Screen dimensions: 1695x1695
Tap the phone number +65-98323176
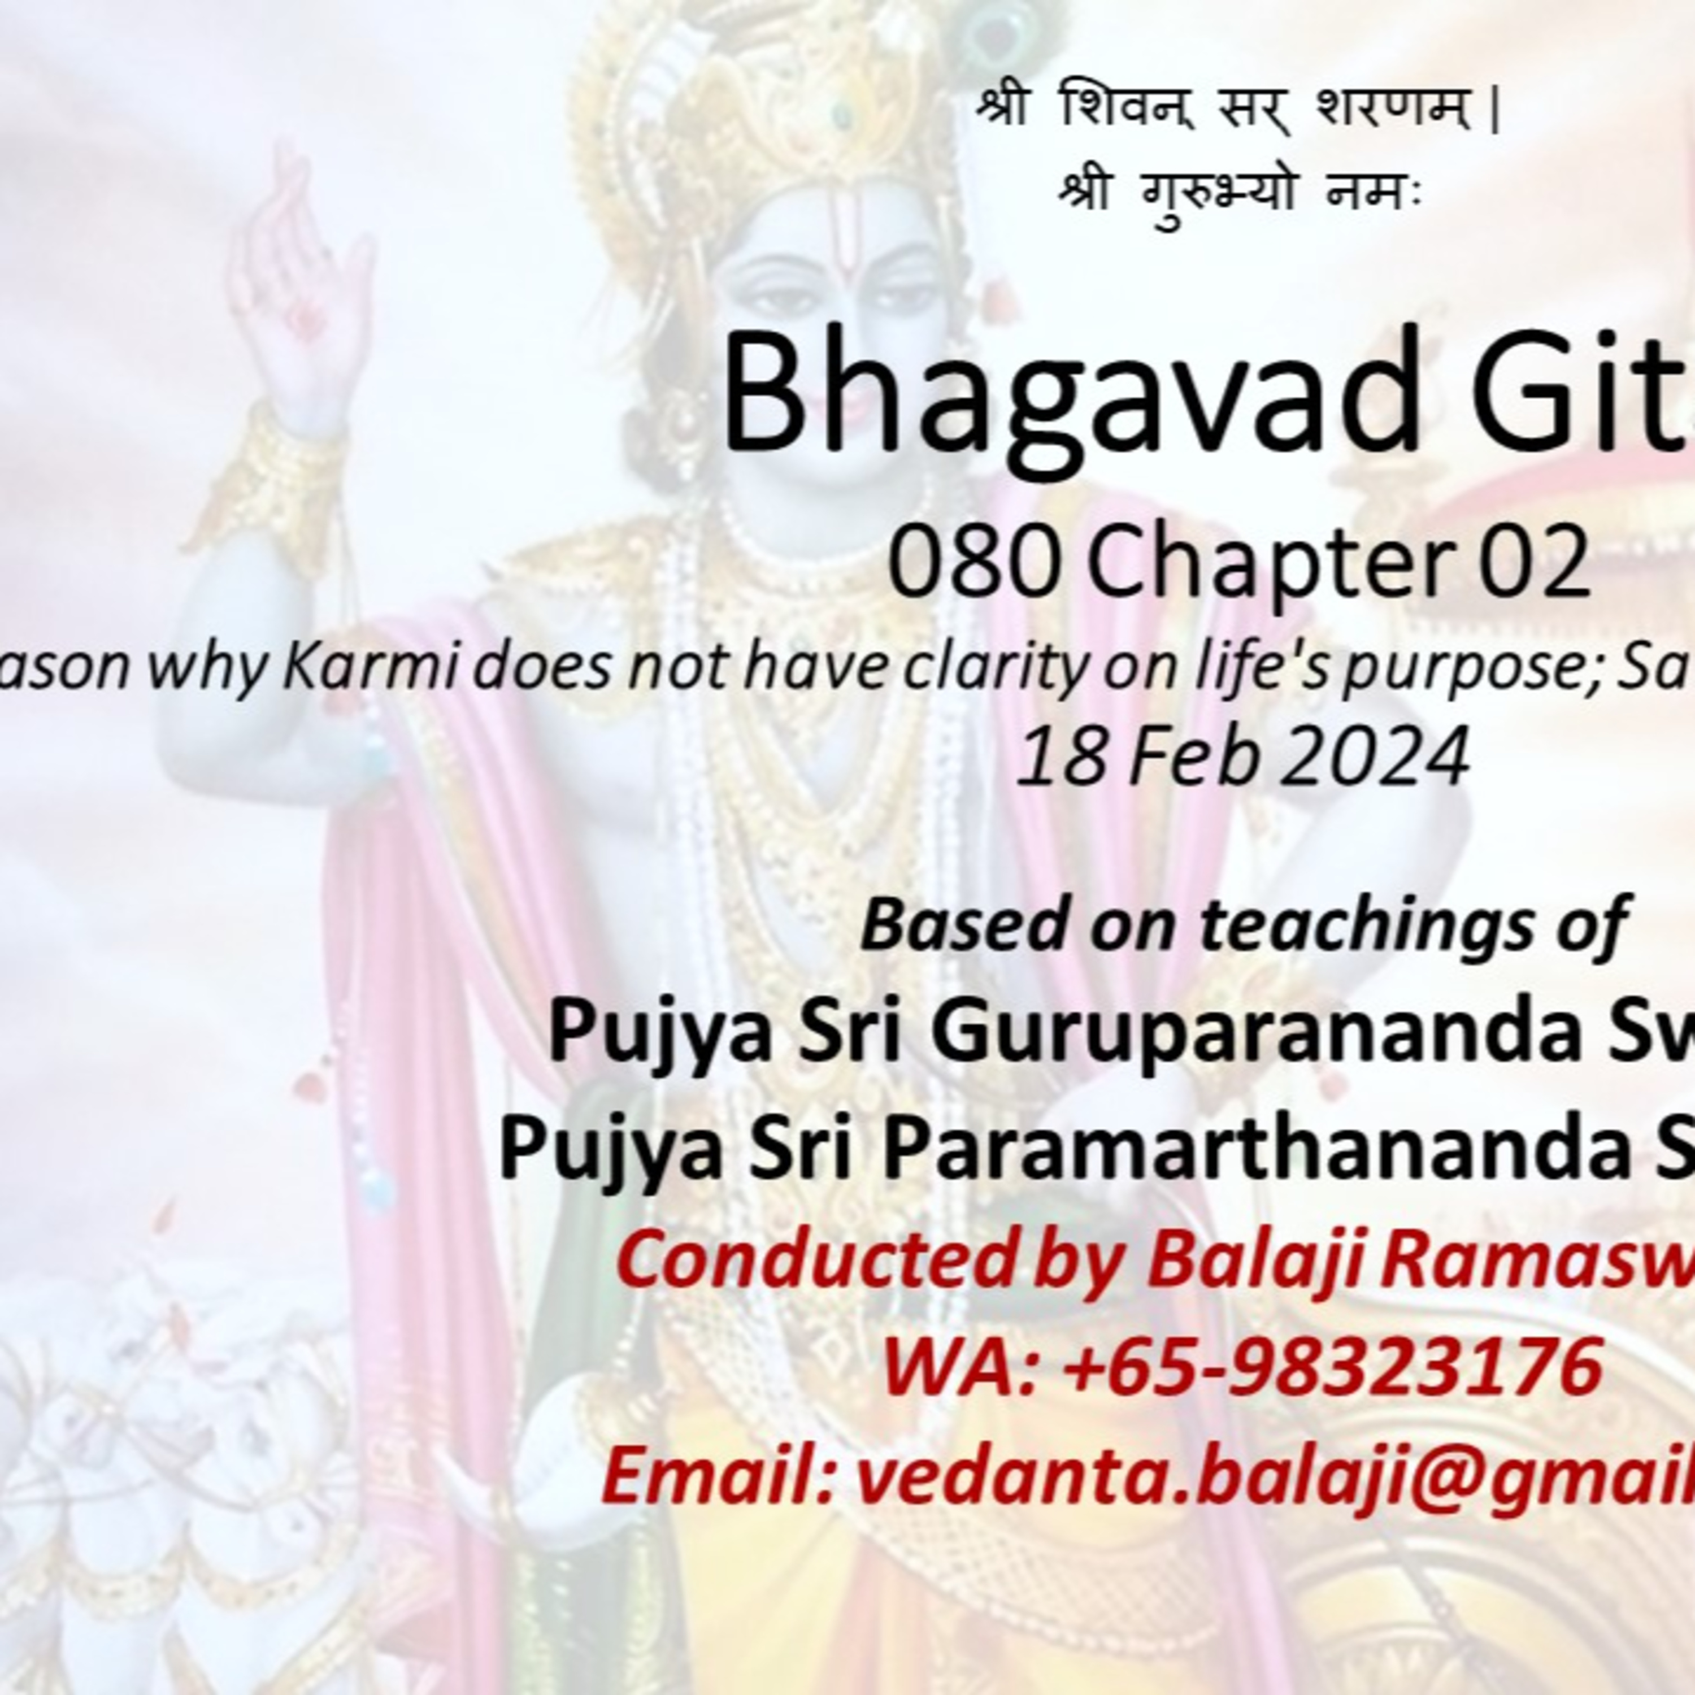tap(1333, 1367)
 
